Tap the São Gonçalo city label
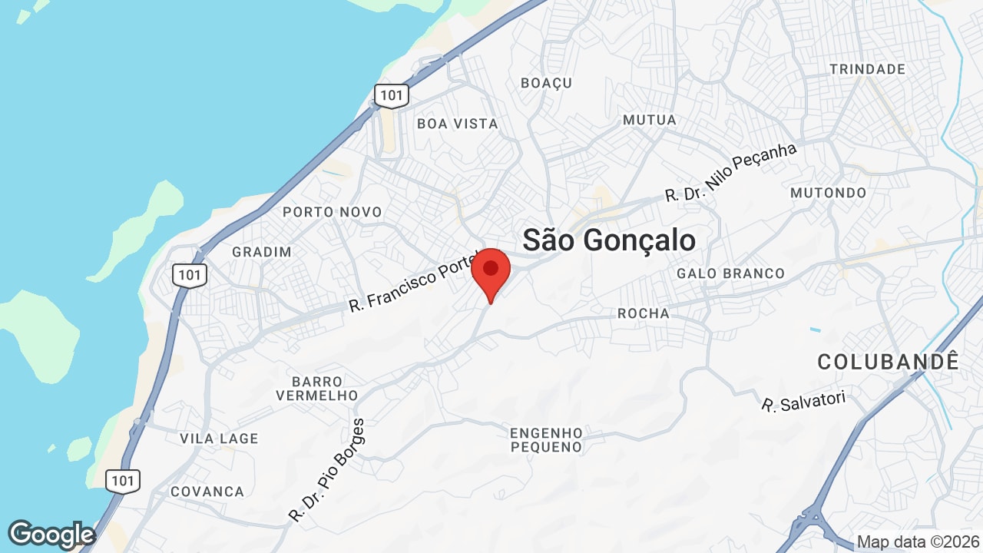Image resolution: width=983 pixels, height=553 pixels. point(609,240)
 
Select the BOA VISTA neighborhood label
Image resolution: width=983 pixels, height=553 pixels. point(457,124)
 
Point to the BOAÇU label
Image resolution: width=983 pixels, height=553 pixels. point(546,83)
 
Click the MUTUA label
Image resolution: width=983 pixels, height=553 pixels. point(650,120)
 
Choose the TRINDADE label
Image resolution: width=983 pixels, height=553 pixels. point(867,69)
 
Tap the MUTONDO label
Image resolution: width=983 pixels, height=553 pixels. point(828,193)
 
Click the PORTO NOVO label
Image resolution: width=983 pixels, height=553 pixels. point(332,212)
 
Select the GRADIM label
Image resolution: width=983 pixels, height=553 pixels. point(262,252)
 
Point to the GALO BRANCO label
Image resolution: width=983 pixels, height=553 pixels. point(730,273)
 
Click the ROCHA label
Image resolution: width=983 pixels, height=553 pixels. point(644,313)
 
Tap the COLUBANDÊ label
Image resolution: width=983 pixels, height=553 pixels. point(889,362)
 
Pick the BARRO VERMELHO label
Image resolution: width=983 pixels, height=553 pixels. point(316,389)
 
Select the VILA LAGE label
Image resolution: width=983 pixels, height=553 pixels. point(219,439)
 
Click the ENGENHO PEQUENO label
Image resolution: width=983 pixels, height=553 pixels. point(546,440)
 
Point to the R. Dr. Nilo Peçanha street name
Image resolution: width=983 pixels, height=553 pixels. point(730,173)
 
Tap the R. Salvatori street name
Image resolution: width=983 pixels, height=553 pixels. point(803,401)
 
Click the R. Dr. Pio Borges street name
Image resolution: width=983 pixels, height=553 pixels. point(327,470)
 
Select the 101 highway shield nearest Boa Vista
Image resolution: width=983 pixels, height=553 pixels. point(392,95)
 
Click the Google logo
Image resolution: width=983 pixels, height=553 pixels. point(51,535)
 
